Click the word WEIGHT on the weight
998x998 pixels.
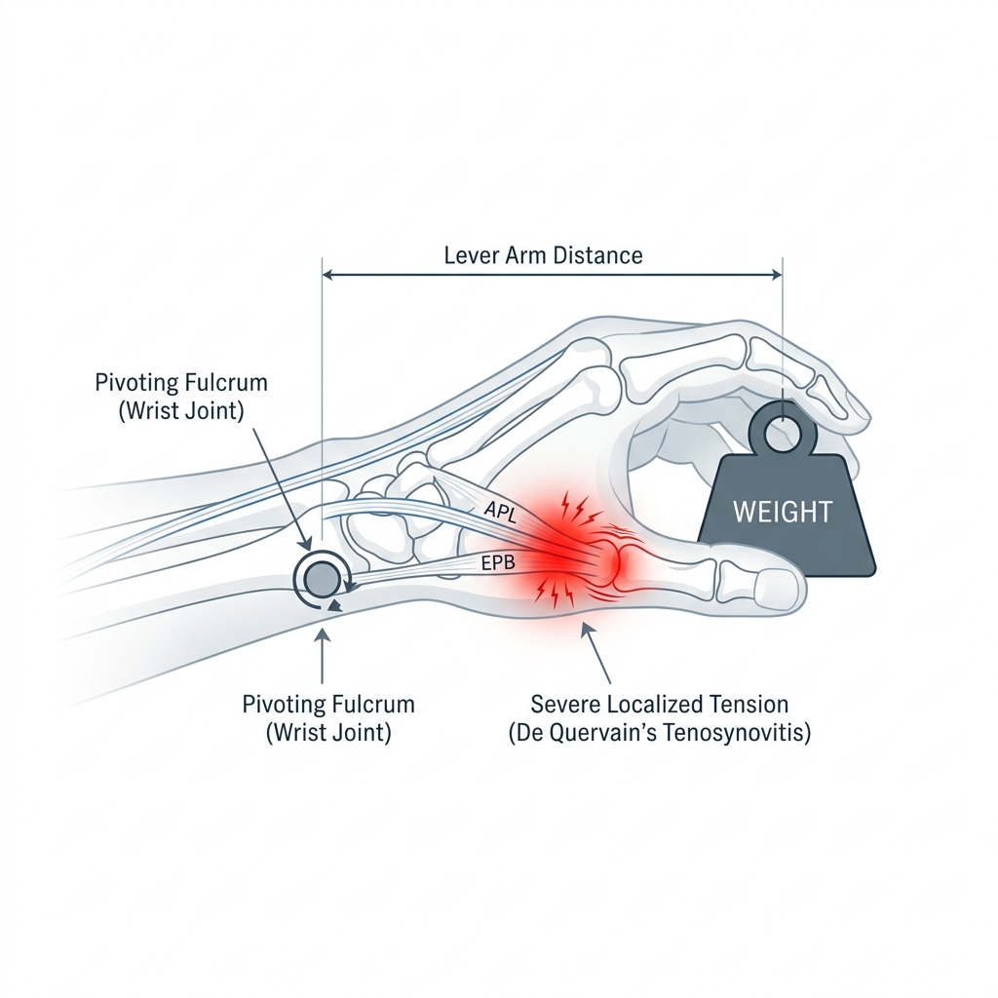(x=783, y=512)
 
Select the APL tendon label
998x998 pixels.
(x=500, y=511)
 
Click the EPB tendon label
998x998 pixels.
(x=498, y=562)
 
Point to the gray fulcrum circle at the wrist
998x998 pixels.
(x=322, y=579)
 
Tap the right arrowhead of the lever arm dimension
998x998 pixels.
(x=777, y=275)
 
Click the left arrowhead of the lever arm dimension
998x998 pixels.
(x=329, y=275)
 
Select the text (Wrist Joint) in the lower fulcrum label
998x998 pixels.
(x=328, y=733)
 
